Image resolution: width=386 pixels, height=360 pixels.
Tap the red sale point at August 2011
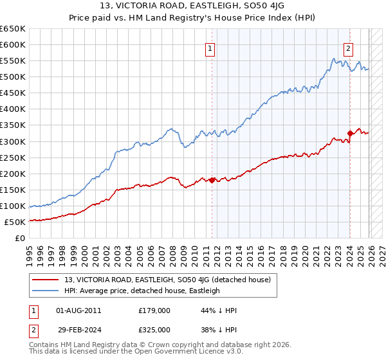point(212,180)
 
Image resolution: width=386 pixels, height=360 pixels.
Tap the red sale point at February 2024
point(350,133)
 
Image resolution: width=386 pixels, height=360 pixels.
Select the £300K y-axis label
point(13,141)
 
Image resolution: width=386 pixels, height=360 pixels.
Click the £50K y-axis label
point(15,222)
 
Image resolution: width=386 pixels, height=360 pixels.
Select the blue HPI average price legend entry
point(142,291)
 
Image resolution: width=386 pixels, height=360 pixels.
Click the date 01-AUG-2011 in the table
point(78,310)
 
